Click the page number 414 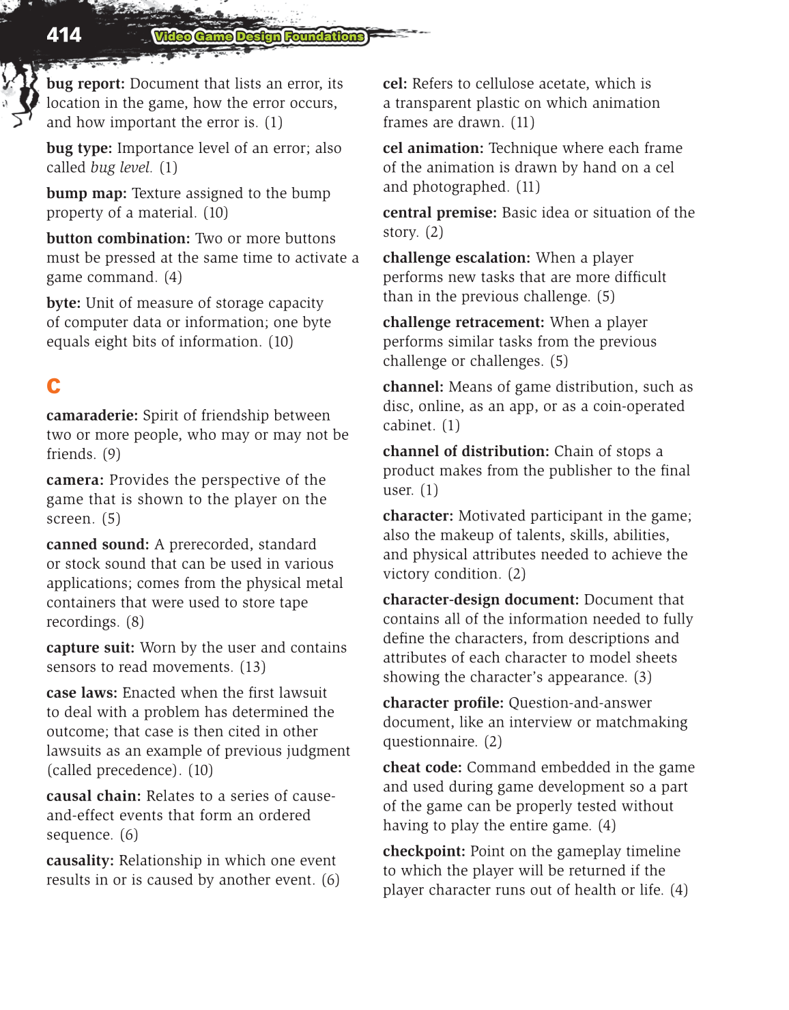coord(63,35)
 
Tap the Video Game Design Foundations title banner coord(259,37)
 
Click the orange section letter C coord(53,386)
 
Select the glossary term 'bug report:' coord(85,84)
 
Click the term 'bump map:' coord(86,194)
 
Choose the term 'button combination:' coord(118,239)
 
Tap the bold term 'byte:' coord(63,303)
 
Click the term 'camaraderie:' coord(92,416)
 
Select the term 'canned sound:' coord(98,545)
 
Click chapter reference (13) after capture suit coord(253,667)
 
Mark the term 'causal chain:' coord(94,796)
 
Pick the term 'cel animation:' coord(433,149)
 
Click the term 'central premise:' coord(440,213)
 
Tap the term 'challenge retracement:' coord(463,322)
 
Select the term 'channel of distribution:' coord(465,451)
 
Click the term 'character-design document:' coord(480,600)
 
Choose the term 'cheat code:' coord(422,768)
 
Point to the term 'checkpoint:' coord(424,852)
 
